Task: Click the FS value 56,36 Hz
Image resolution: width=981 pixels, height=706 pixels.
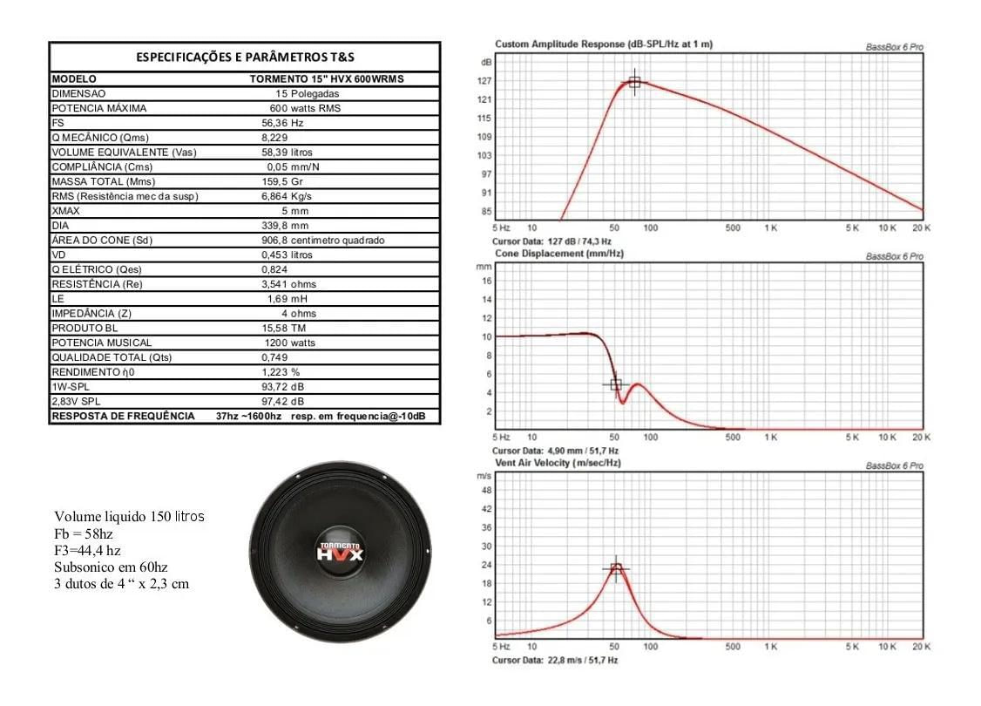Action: (282, 123)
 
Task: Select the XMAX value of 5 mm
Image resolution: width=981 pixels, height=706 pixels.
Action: (294, 211)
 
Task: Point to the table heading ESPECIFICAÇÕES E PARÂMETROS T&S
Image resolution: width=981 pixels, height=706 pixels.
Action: (245, 58)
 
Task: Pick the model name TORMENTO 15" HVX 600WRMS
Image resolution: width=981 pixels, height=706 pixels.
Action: (327, 78)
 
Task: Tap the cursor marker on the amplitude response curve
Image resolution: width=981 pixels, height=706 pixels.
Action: (634, 82)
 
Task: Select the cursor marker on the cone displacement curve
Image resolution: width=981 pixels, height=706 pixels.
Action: (615, 384)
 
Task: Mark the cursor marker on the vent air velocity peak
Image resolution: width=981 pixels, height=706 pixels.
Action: (616, 568)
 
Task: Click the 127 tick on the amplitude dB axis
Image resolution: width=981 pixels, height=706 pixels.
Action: (485, 81)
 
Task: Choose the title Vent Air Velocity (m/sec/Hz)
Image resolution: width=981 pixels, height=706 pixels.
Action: (558, 463)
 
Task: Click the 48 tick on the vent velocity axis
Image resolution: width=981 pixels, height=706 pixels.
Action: (486, 490)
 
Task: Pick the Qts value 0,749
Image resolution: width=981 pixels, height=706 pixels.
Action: (275, 357)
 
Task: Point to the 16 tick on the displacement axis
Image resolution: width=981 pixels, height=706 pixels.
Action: (487, 281)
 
